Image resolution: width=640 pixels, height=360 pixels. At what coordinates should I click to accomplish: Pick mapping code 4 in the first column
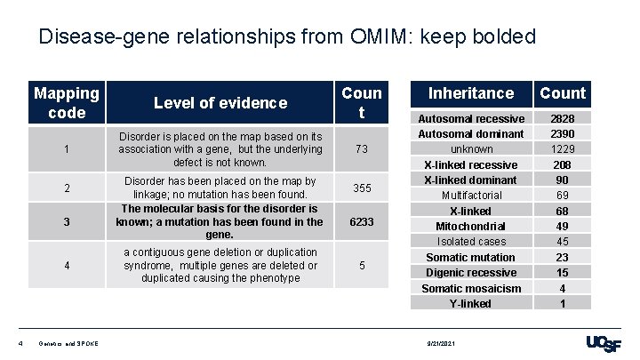click(x=68, y=265)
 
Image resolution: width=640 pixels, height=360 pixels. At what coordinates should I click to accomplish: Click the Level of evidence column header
click(x=220, y=103)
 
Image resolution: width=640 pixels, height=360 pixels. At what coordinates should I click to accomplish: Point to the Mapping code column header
click(x=68, y=103)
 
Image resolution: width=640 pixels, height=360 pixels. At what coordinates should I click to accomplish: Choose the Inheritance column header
click(x=470, y=92)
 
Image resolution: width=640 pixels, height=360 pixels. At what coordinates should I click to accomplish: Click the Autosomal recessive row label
click(x=470, y=118)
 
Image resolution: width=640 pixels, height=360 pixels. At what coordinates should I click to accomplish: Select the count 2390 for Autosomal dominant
click(x=563, y=133)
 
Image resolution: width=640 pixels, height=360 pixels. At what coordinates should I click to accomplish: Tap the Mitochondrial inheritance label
click(x=470, y=226)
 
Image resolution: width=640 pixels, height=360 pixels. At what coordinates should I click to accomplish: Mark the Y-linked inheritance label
click(x=470, y=303)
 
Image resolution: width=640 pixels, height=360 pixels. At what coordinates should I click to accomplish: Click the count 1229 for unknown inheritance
click(x=563, y=149)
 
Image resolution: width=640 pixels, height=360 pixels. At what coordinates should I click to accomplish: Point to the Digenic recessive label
click(x=470, y=272)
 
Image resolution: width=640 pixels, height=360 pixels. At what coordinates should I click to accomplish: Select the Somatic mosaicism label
click(x=470, y=288)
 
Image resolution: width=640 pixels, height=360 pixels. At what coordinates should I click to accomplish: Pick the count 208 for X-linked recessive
click(x=563, y=164)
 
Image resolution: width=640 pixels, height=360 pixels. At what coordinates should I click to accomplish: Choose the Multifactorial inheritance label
click(x=470, y=195)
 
